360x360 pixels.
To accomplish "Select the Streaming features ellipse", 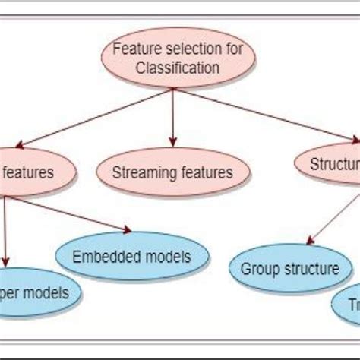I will [x=173, y=172].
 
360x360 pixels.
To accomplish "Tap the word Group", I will [x=258, y=268].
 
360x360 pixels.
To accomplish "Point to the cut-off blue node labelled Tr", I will [x=348, y=305].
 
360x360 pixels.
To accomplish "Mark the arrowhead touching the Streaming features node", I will [x=174, y=142].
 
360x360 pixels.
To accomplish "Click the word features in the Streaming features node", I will [x=206, y=172].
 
